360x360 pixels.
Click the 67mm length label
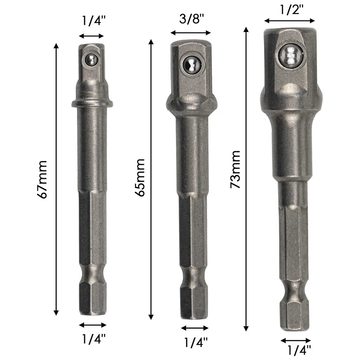(x=42, y=180)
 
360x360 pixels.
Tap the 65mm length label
(x=140, y=178)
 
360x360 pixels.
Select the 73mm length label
(x=235, y=170)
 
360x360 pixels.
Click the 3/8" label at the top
(x=192, y=19)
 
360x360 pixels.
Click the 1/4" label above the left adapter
(x=94, y=21)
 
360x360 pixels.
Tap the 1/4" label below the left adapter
(x=94, y=339)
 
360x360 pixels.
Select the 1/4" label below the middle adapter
(x=196, y=342)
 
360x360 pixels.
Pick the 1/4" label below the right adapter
(x=299, y=351)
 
